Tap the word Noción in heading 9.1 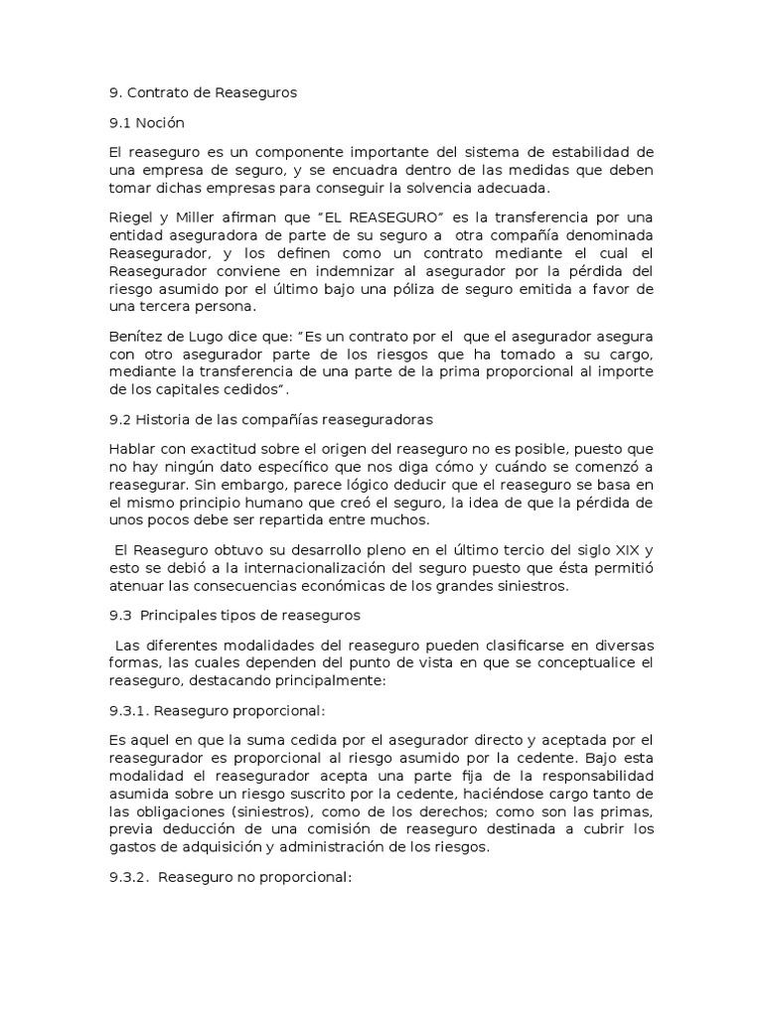[x=161, y=123]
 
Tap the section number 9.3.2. [x=129, y=879]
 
